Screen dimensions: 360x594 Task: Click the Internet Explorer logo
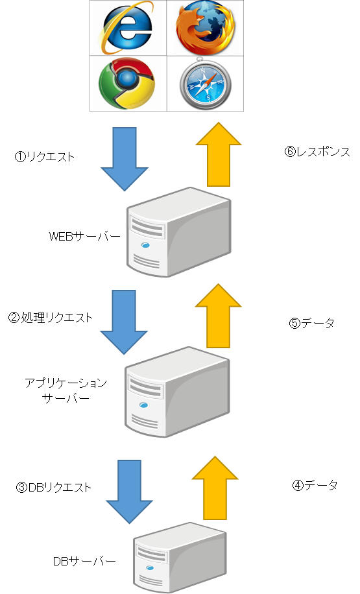point(127,27)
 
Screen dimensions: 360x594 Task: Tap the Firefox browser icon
point(205,28)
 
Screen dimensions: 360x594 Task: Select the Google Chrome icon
point(127,84)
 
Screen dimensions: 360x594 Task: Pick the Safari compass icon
point(205,84)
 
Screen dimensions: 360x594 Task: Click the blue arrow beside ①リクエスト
point(125,159)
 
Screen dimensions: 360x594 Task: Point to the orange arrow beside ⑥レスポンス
point(219,154)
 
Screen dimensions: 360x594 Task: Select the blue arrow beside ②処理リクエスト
point(124,322)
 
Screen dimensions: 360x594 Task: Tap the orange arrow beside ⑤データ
point(219,316)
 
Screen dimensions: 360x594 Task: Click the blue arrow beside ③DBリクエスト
point(129,492)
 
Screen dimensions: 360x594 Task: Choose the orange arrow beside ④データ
point(215,488)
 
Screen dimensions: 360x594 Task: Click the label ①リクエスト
point(45,157)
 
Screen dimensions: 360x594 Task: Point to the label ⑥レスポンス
point(318,152)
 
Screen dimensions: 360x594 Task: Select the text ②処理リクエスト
point(51,318)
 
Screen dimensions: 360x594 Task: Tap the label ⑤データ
point(312,323)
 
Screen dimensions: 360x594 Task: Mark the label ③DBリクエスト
point(54,487)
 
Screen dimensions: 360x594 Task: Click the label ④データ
point(315,485)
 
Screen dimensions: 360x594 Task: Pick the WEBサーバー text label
point(85,237)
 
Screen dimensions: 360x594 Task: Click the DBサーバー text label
point(84,561)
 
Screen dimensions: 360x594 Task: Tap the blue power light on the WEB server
point(145,245)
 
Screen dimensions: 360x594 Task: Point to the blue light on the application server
point(143,405)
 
